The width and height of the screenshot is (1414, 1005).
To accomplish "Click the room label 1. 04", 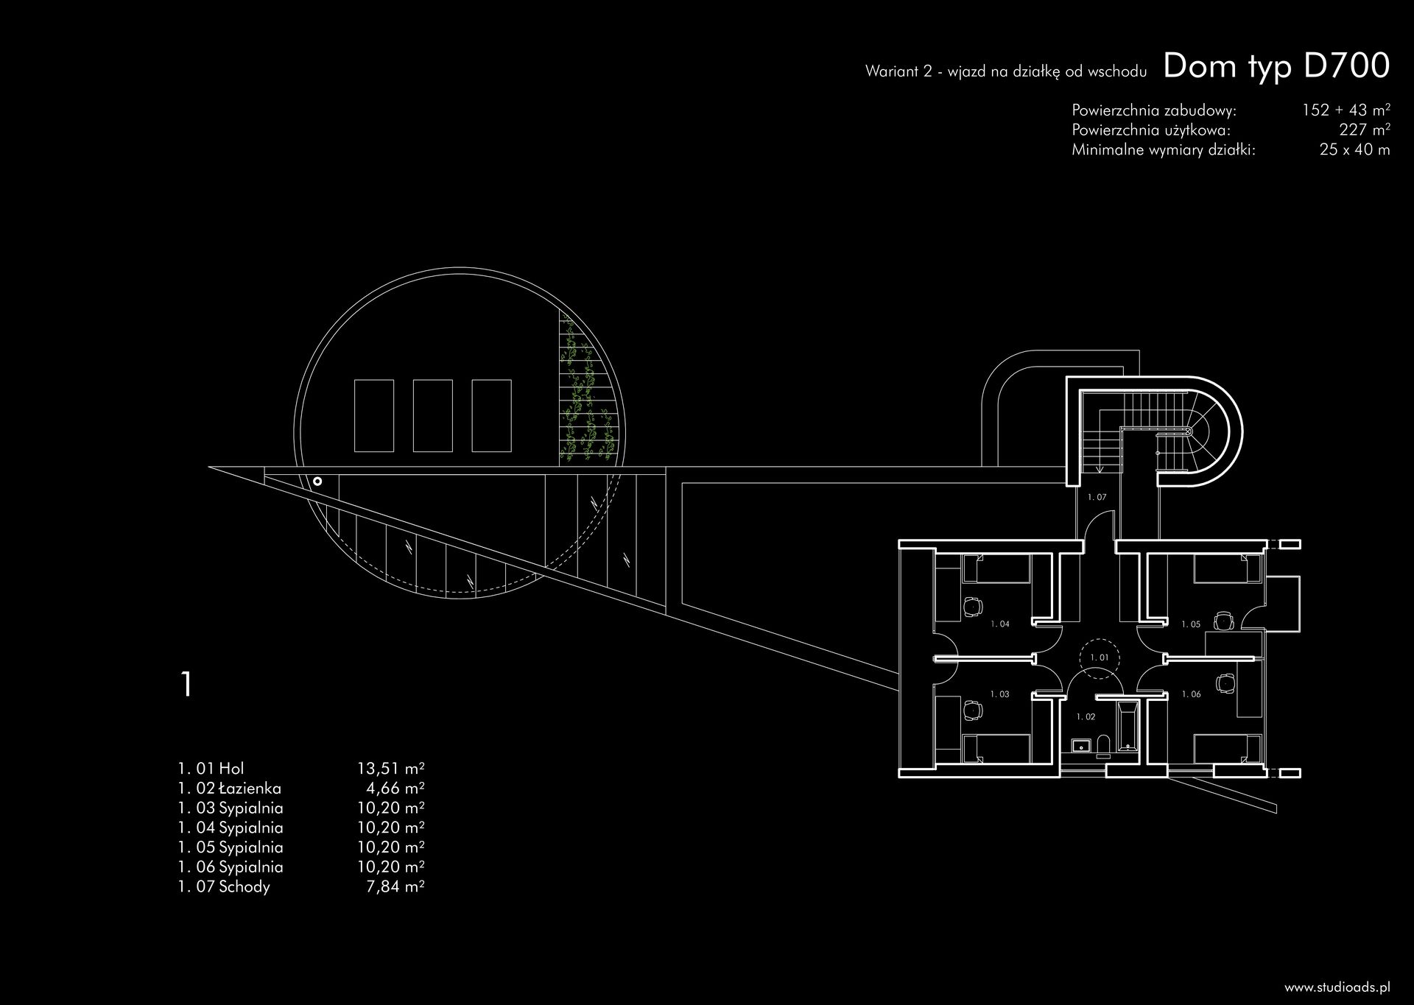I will coord(999,624).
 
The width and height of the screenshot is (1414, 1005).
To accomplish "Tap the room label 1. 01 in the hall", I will coord(1100,657).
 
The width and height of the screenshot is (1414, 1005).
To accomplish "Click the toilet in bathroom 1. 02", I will coord(1102,746).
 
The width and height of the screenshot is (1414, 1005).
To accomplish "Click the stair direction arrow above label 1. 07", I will coord(1098,468).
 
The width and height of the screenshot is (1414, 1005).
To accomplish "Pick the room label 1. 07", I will coord(1097,498).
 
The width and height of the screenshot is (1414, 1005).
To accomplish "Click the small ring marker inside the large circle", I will coord(317,482).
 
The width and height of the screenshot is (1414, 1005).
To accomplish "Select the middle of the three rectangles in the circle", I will coord(432,415).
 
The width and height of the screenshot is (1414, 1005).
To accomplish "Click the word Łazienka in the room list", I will coord(250,789).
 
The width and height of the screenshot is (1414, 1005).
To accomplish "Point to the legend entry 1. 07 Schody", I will coord(224,886).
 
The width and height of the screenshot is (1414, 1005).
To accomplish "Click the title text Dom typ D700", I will coord(1276,66).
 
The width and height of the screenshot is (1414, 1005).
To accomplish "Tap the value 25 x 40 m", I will coord(1354,150).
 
